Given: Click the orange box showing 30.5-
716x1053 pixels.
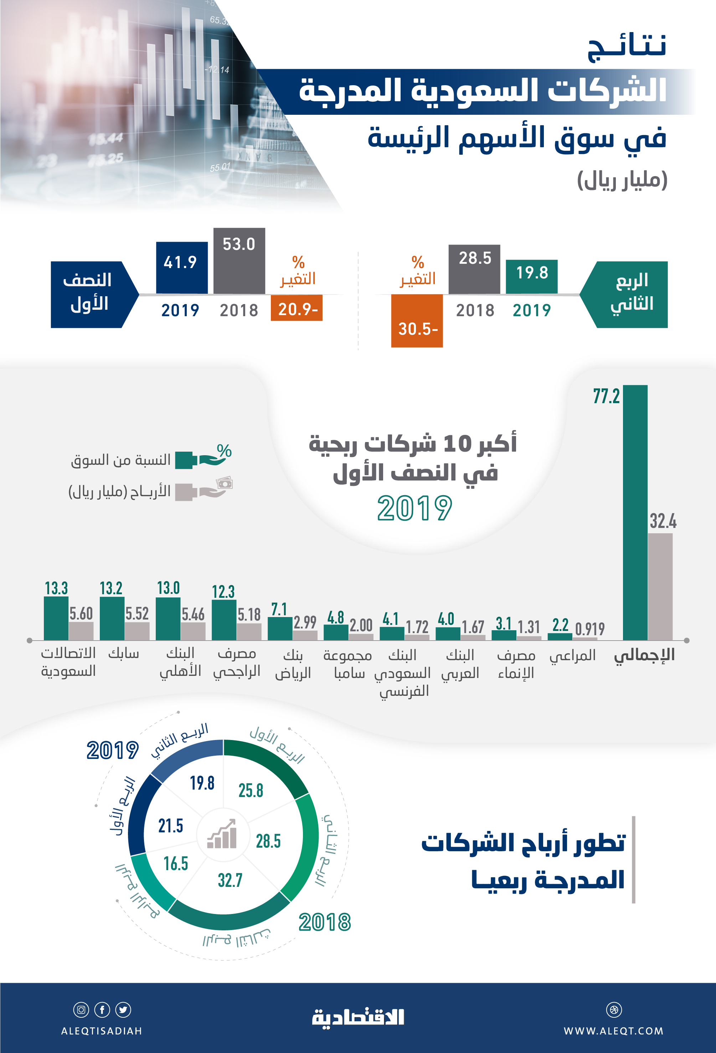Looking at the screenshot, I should tap(417, 321).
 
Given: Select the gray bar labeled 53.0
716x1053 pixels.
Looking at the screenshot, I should tap(239, 261).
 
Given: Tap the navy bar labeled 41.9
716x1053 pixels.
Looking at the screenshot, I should tap(182, 268).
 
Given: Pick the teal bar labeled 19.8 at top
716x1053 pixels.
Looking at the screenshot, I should tap(531, 276).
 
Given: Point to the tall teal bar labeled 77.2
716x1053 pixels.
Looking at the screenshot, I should tap(635, 512).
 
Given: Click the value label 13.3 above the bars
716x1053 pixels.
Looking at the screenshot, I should tap(56, 588).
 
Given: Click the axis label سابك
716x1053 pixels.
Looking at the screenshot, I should tap(124, 653).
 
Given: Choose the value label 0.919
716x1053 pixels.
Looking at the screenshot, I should tap(589, 628).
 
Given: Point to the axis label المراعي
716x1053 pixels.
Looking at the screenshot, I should tap(572, 655).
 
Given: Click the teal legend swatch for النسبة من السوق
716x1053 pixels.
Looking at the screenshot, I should tap(184, 460).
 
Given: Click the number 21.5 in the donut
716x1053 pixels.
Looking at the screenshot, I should tap(171, 826).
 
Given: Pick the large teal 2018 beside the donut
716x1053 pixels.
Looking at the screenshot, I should tap(325, 922).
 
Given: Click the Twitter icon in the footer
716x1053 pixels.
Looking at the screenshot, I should tap(123, 1010).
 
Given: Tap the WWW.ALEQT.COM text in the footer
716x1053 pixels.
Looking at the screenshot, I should tap(613, 1031).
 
